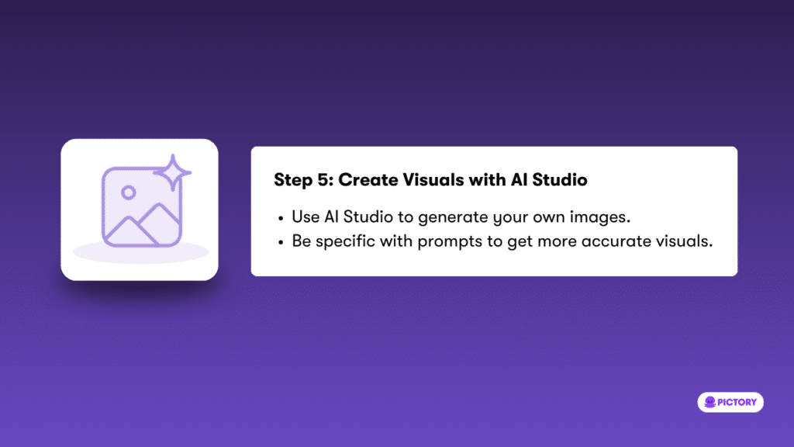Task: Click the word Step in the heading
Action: click(x=293, y=180)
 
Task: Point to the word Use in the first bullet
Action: click(x=306, y=217)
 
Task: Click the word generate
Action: click(x=453, y=218)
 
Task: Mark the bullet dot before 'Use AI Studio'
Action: click(x=281, y=218)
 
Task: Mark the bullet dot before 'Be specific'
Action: click(x=281, y=243)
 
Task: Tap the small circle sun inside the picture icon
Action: click(x=129, y=192)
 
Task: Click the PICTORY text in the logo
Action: click(x=737, y=403)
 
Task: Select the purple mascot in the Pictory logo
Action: click(x=710, y=403)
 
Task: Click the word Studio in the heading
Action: click(x=560, y=180)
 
